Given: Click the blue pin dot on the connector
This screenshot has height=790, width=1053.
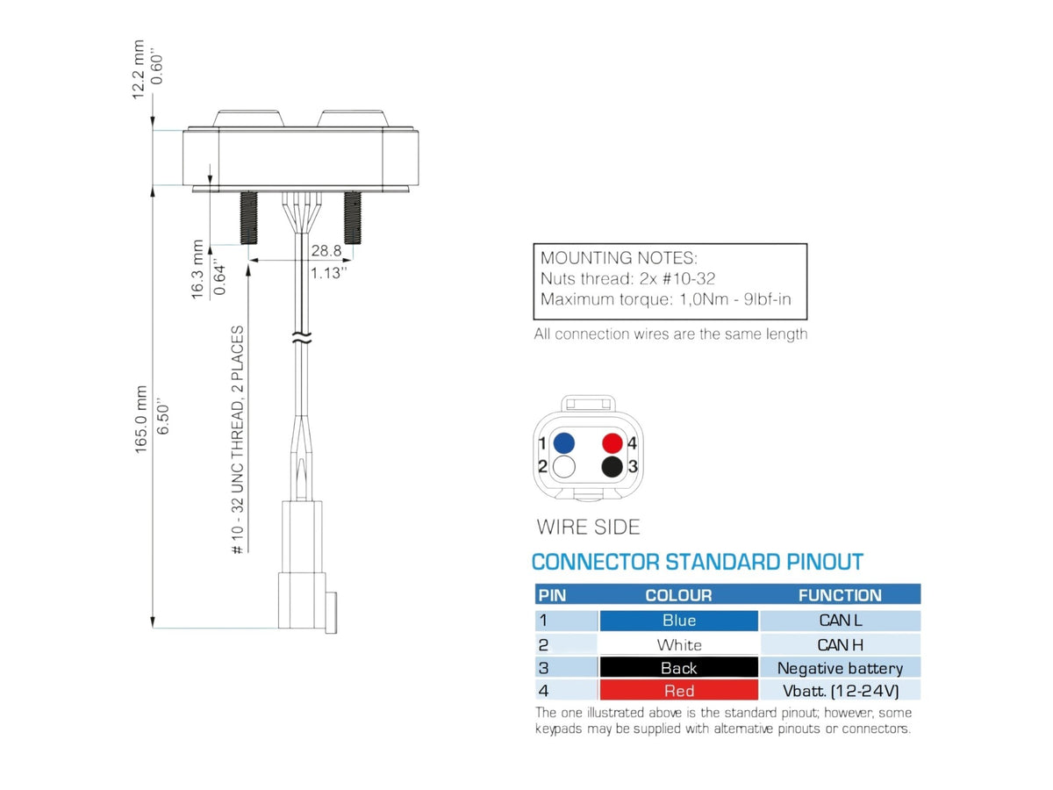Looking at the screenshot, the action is pos(563,442).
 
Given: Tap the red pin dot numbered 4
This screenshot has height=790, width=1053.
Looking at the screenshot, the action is pos(612,442).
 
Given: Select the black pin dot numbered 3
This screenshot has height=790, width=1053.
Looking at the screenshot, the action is pos(612,466).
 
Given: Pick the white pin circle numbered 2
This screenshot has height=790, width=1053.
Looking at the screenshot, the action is pos(563,466).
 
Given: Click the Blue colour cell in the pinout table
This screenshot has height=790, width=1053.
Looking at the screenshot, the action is pos(678,621).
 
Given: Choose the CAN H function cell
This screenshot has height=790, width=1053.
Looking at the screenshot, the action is pos(840,644).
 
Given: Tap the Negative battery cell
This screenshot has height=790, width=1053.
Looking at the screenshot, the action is pos(840,668).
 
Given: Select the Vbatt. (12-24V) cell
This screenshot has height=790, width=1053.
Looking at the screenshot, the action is pos(840,690).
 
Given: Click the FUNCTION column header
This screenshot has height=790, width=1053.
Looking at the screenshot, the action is pos(840,595).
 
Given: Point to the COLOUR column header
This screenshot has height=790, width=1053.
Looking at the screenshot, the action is pos(678,595).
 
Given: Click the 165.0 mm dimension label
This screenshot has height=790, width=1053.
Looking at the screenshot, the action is pos(140,419).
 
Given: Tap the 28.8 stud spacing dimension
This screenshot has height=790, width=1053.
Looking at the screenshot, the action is pos(326,250).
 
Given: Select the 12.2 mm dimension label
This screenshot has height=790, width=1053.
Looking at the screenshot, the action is pos(138,69).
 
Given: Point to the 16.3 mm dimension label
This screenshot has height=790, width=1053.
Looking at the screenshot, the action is pos(197,269).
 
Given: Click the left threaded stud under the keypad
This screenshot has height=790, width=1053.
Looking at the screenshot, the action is pos(248,218).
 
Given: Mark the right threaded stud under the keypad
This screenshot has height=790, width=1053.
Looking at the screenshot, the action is pos(353,218).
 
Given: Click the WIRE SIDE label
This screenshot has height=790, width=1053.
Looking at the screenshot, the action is pos(588,527).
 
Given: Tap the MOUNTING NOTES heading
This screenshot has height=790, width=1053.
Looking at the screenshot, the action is pos(619,257).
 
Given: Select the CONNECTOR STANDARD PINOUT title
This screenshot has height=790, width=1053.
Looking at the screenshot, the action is pos(697,562).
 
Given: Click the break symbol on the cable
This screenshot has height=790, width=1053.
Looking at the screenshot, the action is pos(302,337).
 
